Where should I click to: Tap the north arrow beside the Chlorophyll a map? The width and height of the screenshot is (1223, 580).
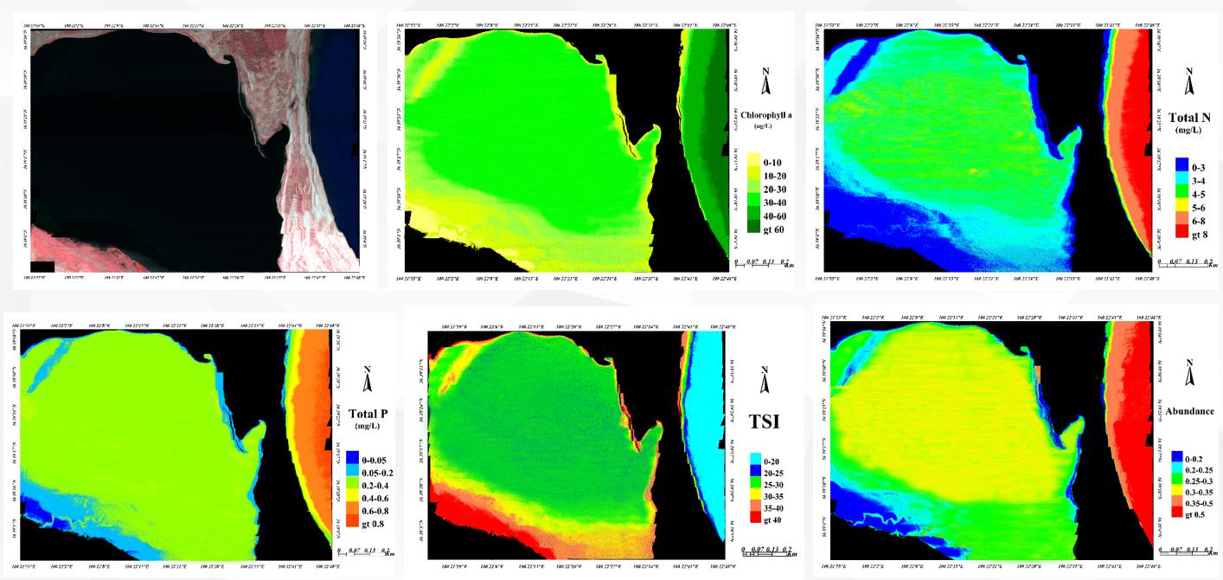tap(764, 81)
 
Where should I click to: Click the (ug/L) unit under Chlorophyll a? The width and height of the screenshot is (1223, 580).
tap(762, 126)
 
